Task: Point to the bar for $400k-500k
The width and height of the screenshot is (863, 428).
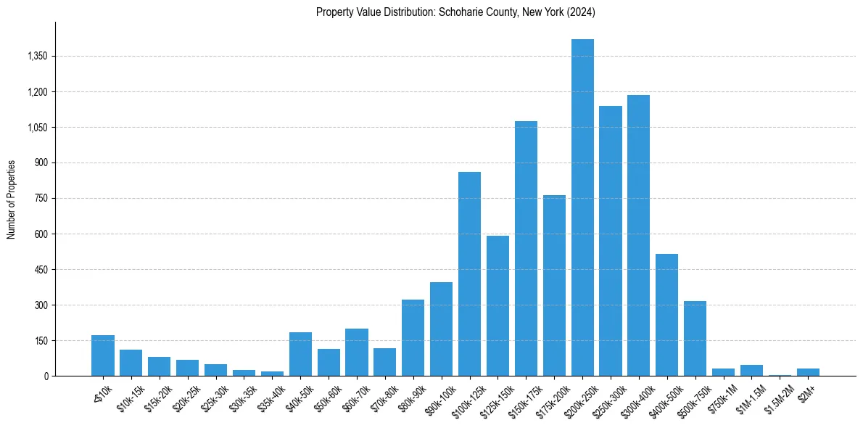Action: [x=666, y=315]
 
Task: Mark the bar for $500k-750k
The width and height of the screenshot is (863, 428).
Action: [x=695, y=339]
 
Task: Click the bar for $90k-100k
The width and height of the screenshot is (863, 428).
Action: [x=441, y=329]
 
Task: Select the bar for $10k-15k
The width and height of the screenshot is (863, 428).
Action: [x=131, y=363]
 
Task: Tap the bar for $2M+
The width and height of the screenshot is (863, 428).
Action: [x=808, y=372]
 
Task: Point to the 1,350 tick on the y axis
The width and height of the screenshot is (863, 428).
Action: [x=37, y=57]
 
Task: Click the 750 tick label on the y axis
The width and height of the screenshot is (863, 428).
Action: [x=41, y=199]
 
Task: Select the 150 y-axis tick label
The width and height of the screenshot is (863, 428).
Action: [x=41, y=341]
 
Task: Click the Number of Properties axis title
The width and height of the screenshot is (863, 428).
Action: [x=12, y=199]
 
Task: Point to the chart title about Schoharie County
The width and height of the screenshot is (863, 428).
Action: [x=455, y=12]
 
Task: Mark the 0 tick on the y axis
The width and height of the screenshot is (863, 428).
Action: [x=45, y=376]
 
